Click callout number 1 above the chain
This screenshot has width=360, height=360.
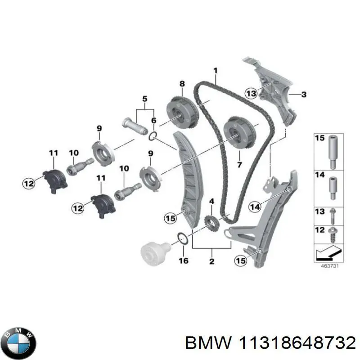tap(215, 70)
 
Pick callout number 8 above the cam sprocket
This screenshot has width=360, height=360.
tap(182, 84)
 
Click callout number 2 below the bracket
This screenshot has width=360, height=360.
tap(211, 261)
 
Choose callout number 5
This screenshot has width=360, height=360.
tap(144, 98)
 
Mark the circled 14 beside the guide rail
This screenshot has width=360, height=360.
tap(254, 207)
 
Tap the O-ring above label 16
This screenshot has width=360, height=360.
tap(183, 238)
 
